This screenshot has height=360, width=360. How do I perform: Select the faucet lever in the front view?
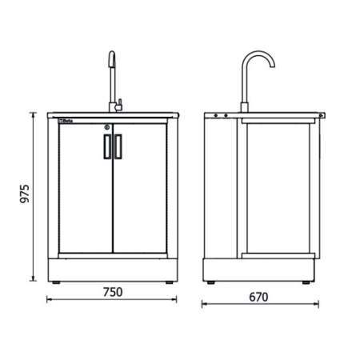118,102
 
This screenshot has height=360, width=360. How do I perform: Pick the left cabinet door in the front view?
86,192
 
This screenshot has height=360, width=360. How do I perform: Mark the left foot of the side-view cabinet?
210,282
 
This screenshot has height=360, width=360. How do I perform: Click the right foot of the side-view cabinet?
307,282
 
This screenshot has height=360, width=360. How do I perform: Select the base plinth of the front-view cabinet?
112,269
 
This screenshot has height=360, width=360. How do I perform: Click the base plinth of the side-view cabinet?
259,269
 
